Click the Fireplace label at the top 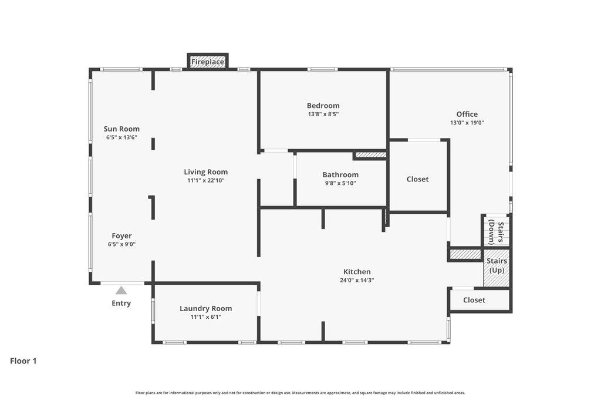coord(208,62)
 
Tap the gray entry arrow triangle coord(121,290)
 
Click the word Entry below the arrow coord(121,304)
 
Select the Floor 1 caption coord(23,361)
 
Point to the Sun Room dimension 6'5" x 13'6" coord(121,137)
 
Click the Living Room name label coord(205,172)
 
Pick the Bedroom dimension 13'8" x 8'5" coord(323,114)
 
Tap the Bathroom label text coord(340,175)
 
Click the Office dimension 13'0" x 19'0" coord(467,123)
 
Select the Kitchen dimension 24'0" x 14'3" coord(357,280)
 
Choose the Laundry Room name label coord(205,308)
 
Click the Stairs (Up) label coord(497,265)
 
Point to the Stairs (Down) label coord(496,232)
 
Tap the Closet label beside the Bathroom coord(418,179)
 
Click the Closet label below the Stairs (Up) coord(474,300)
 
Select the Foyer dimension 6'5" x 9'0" coord(121,244)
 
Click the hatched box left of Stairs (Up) coord(465,254)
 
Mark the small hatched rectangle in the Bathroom coord(371,155)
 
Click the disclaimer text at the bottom coord(300,393)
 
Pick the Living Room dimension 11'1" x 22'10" coord(205,180)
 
